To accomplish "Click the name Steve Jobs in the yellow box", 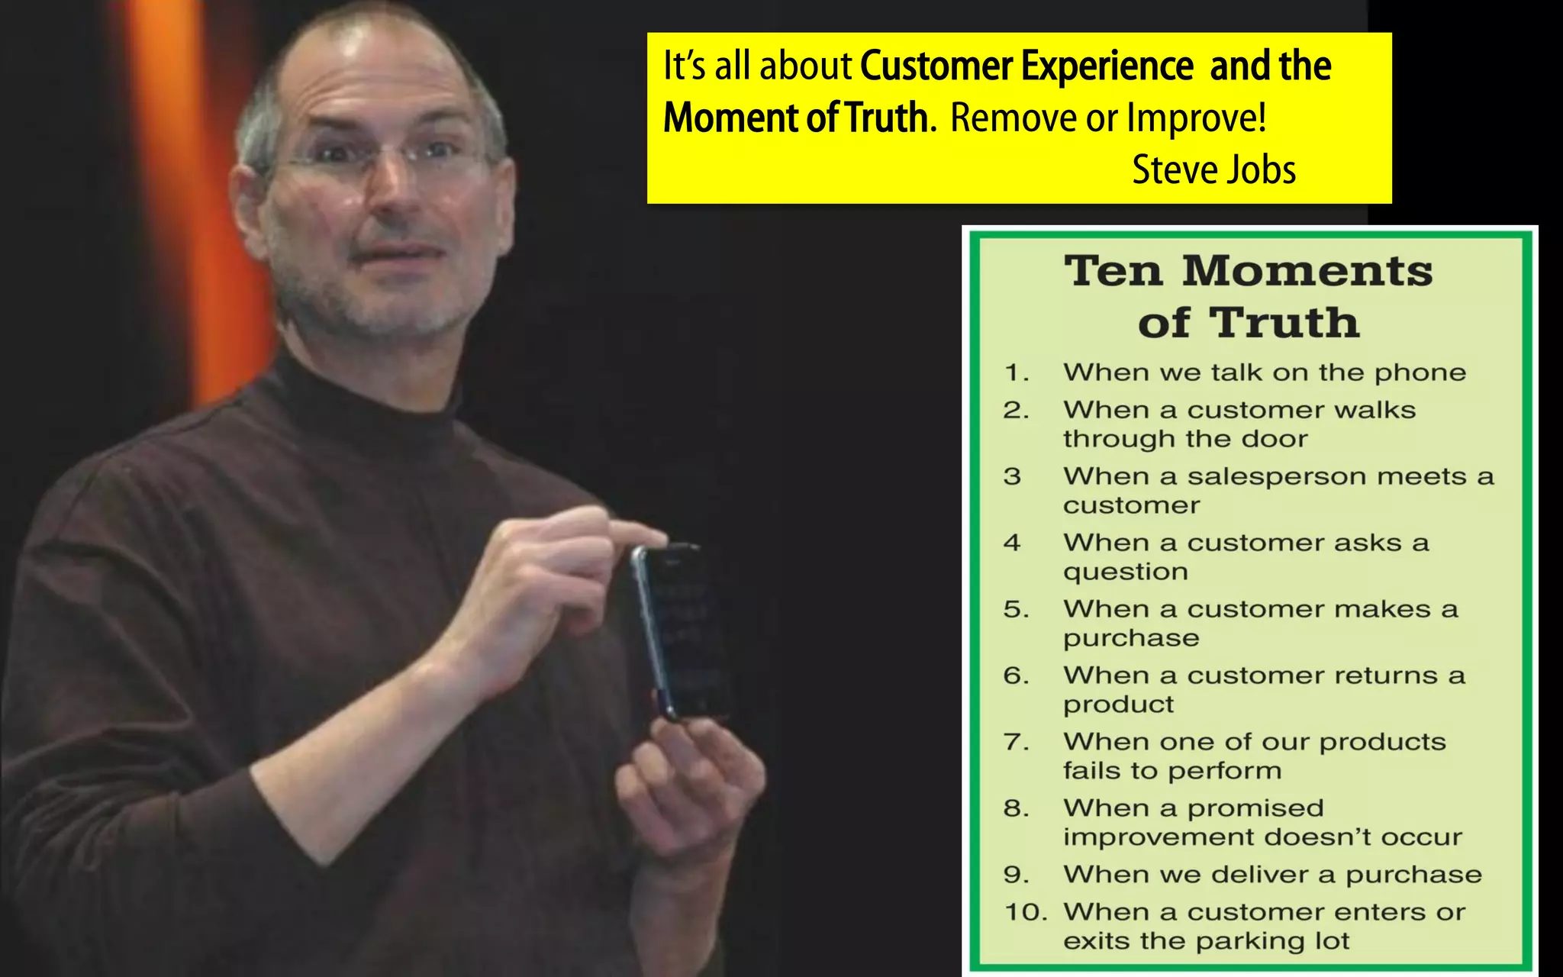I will (x=1213, y=169).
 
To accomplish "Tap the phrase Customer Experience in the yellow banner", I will (x=1026, y=66).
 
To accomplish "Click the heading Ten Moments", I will (x=1249, y=271).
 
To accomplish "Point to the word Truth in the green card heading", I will (x=1284, y=323).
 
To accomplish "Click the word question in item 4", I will (x=1126, y=572).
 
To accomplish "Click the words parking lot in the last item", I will (x=1281, y=941).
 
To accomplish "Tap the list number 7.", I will (x=1015, y=742).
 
